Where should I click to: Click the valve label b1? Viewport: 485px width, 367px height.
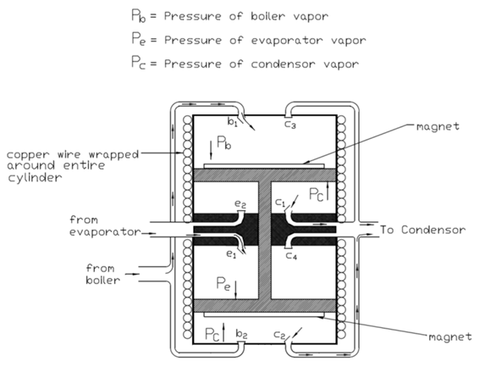(x=232, y=122)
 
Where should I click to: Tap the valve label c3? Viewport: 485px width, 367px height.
(x=290, y=125)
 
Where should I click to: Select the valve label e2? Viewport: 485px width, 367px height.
(x=240, y=204)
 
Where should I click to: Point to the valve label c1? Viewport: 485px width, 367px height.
(x=280, y=203)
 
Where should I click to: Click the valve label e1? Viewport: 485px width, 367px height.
(x=231, y=254)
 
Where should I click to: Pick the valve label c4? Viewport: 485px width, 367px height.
(x=291, y=256)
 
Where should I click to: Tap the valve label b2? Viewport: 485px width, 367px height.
(x=241, y=334)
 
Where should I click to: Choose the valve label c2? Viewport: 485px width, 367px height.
(x=279, y=335)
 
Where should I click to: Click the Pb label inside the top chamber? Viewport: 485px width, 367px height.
(x=224, y=142)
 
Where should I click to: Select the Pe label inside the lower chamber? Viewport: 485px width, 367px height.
(x=223, y=283)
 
